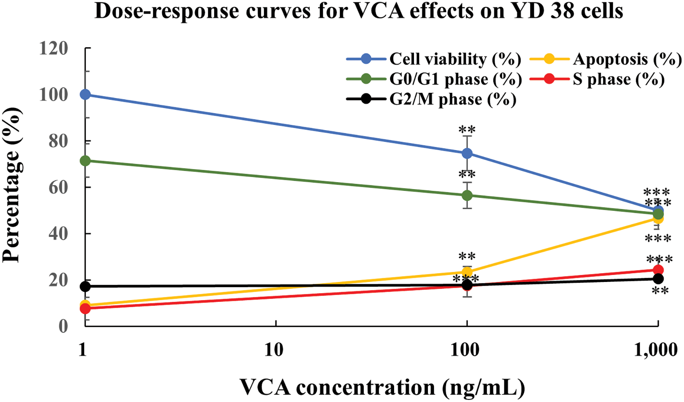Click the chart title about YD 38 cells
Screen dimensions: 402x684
[x=359, y=11]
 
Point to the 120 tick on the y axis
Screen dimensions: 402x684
[x=53, y=49]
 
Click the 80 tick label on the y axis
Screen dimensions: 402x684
[x=58, y=141]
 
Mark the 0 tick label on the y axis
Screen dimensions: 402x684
[x=63, y=326]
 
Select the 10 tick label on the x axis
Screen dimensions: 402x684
[x=274, y=349]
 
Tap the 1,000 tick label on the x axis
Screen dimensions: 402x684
[x=655, y=349]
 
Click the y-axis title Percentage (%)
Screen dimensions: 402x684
[x=12, y=185]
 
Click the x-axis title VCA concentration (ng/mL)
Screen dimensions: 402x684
[x=382, y=387]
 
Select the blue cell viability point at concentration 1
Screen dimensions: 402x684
[x=85, y=95]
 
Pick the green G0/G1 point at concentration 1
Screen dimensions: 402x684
[x=85, y=161]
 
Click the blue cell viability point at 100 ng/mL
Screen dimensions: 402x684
[x=467, y=154]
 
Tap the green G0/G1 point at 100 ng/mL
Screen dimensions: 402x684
[x=467, y=195]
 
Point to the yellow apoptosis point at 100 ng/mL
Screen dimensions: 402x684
[x=467, y=272]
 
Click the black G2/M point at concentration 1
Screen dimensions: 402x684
[x=85, y=286]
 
